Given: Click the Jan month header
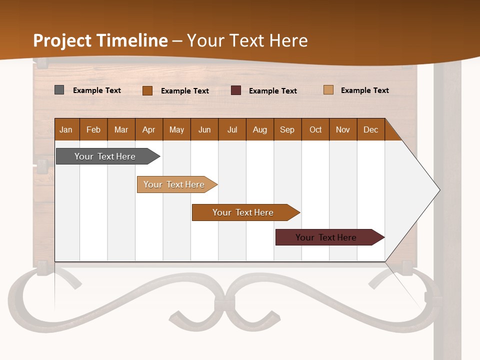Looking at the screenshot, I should pos(66,129).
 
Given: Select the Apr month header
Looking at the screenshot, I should pos(149,129).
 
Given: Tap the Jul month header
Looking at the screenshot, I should pos(232,129).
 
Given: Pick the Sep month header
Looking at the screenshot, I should pos(287,129).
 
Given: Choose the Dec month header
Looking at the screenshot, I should pos(370,129).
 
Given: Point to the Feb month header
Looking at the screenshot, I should pos(93,129).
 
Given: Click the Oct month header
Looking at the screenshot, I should pos(315,129).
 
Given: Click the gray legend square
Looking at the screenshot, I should pos(59,90).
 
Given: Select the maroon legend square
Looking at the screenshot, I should pos(236,90).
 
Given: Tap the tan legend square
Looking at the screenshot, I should pos(328,90).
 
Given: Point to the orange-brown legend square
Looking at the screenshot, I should pos(147,90).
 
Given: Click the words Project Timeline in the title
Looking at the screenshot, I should pos(100,40).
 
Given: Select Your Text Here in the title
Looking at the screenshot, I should pos(247,40).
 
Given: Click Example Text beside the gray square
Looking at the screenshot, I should pos(97,90).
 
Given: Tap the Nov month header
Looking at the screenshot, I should pos(343,129).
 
